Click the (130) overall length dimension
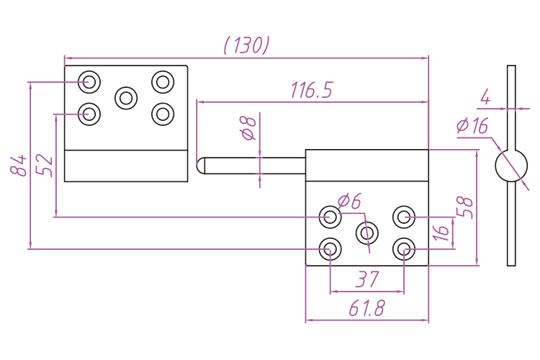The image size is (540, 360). (x=247, y=45)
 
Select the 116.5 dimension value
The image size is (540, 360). (x=312, y=91)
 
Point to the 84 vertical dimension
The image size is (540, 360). (x=19, y=165)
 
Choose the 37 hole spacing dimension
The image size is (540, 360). (x=367, y=279)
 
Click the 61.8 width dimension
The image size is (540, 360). (x=366, y=309)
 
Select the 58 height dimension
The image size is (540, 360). (x=467, y=207)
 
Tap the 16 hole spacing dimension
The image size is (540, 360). (x=441, y=232)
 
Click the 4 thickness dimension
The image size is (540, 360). (x=485, y=96)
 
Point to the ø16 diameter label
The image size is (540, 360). (x=472, y=126)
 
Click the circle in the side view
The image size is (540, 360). (x=511, y=166)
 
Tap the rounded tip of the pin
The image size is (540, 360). (x=201, y=165)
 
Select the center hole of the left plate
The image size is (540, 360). (x=127, y=97)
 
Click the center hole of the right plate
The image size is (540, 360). (x=367, y=233)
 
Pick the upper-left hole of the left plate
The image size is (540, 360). (x=89, y=81)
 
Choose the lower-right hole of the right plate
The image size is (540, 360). (x=404, y=249)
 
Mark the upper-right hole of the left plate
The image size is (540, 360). (x=163, y=81)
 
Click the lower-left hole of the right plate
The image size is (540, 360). (x=330, y=249)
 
